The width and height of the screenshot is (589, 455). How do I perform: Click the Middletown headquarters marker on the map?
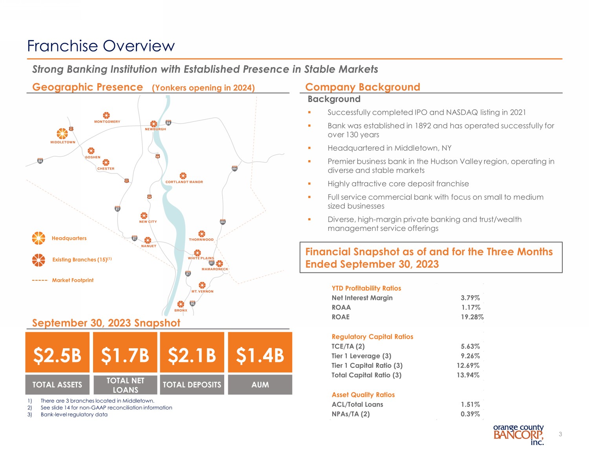(x=62, y=133)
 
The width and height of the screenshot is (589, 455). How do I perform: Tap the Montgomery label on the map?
(x=107, y=122)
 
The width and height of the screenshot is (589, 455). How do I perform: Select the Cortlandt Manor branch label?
(x=184, y=182)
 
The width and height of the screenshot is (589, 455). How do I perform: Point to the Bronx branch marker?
(x=181, y=304)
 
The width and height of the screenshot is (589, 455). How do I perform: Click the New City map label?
(x=148, y=222)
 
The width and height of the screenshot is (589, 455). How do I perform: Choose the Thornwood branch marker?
(x=201, y=234)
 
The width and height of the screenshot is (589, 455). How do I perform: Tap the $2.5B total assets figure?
(x=57, y=355)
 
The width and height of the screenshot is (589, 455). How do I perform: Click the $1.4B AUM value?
(x=260, y=355)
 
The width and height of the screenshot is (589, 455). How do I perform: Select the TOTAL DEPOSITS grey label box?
(x=192, y=385)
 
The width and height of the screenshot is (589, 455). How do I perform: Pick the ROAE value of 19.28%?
(x=472, y=317)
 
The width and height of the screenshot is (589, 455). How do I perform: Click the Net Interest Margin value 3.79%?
(x=470, y=298)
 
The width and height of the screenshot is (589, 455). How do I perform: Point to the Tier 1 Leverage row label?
(x=361, y=356)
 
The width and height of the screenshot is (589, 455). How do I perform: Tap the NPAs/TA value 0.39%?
(x=470, y=414)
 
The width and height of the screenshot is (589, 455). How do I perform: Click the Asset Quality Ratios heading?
(x=363, y=395)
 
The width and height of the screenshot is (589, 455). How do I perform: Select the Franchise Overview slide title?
(x=101, y=46)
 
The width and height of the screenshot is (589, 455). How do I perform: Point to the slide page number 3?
(x=560, y=434)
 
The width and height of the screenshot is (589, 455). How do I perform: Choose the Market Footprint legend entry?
(x=73, y=280)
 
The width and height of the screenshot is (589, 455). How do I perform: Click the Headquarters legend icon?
(x=38, y=238)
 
